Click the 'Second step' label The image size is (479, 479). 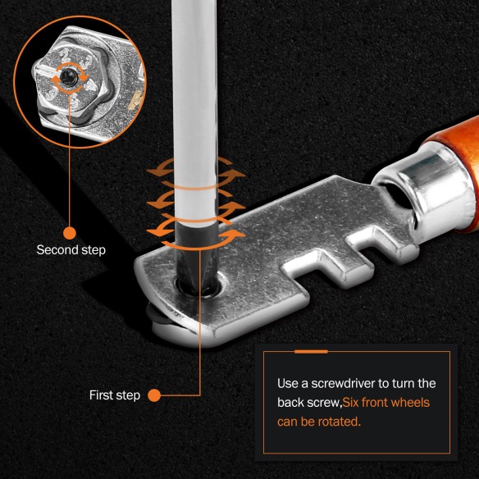[x=71, y=249]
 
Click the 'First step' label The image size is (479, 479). [x=112, y=395]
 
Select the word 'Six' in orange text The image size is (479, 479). [x=354, y=403]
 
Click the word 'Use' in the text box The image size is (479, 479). [x=287, y=384]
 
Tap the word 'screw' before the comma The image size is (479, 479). [x=327, y=403]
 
